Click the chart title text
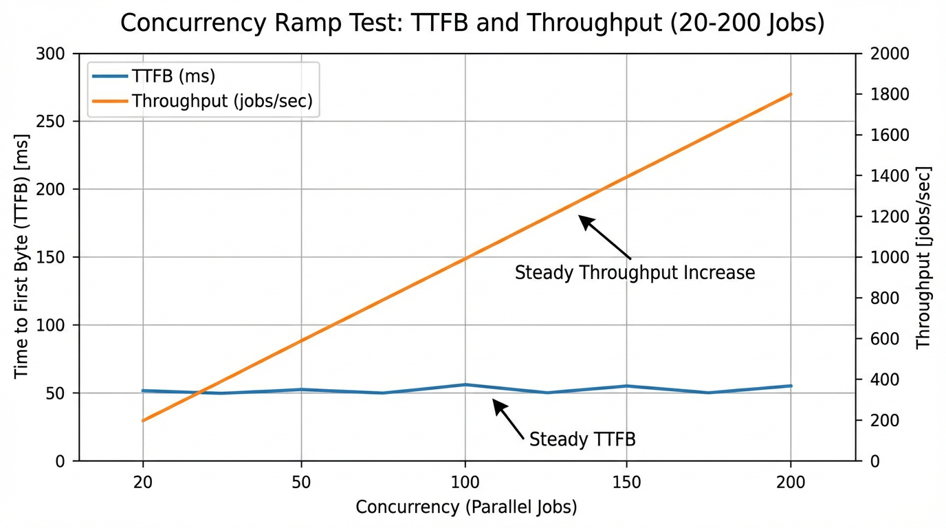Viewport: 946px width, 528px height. [472, 23]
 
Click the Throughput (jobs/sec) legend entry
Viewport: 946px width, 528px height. [221, 101]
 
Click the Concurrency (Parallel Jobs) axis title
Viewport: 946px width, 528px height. [466, 507]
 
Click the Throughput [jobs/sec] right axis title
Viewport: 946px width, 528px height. [923, 257]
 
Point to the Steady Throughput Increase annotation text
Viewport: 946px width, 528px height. [635, 273]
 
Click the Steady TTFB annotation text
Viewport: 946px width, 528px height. [582, 439]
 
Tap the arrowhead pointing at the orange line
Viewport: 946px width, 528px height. [582, 219]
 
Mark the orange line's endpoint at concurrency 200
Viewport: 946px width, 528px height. [791, 94]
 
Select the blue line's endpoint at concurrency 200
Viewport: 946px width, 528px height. [791, 386]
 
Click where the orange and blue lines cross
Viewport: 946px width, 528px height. [199, 393]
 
